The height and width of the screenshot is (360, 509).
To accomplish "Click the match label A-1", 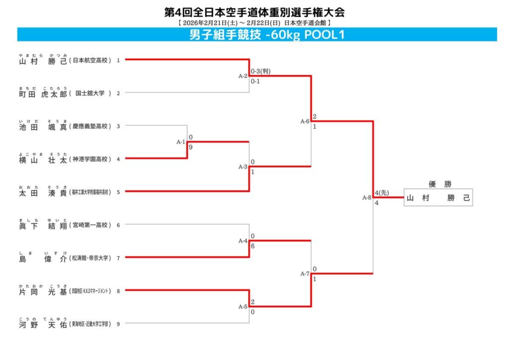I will click(x=181, y=142).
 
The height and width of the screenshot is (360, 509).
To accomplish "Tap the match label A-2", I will click(x=243, y=76).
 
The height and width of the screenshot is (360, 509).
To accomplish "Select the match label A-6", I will click(x=305, y=121).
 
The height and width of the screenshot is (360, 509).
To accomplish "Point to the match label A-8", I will click(x=367, y=198).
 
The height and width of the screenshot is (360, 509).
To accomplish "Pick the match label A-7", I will click(x=305, y=274).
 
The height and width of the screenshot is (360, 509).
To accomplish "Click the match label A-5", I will click(x=243, y=307).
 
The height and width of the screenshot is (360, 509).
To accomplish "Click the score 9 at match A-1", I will click(x=191, y=148).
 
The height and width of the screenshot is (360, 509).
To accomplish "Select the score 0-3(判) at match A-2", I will click(x=260, y=71).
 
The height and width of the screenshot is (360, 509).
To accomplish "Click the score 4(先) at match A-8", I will click(x=382, y=193).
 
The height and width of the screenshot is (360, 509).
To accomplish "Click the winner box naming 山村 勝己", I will click(x=438, y=198).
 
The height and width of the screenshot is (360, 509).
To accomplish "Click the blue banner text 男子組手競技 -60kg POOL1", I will click(x=267, y=35).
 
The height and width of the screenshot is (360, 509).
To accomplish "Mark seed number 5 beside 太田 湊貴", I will click(x=118, y=192).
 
